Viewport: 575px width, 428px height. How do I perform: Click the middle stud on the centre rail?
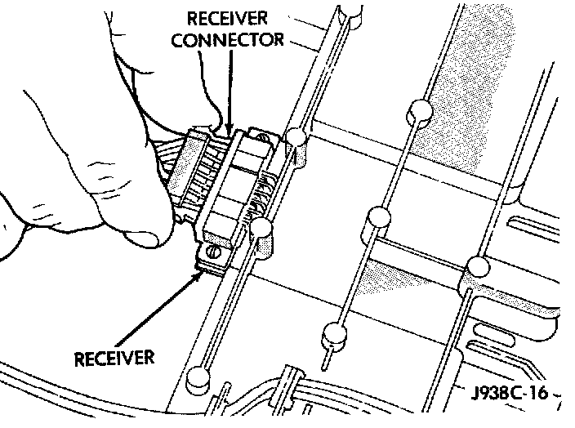point(377,217)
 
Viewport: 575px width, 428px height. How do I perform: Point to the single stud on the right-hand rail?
point(476,267)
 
